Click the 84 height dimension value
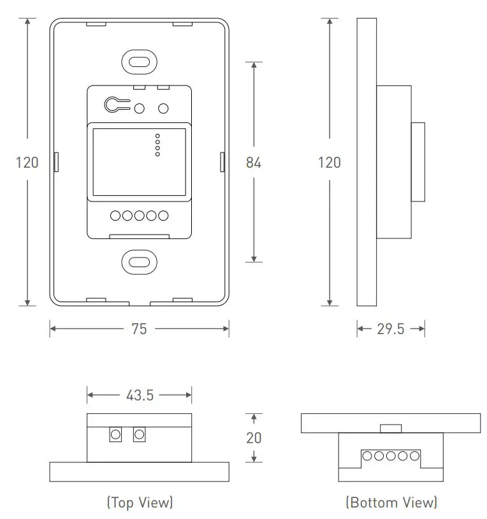254,163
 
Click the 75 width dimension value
139,329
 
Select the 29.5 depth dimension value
391,329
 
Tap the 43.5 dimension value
140,395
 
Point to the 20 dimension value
254,438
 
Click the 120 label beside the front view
27,163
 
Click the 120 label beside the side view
329,163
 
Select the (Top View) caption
140,502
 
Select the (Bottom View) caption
391,502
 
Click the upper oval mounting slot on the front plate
139,62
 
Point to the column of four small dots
157,145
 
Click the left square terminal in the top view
115,435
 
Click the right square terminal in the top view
139,435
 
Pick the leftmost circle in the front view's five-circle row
116,216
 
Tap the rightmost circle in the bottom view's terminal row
415,456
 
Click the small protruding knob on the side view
418,162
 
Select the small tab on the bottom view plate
391,428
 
